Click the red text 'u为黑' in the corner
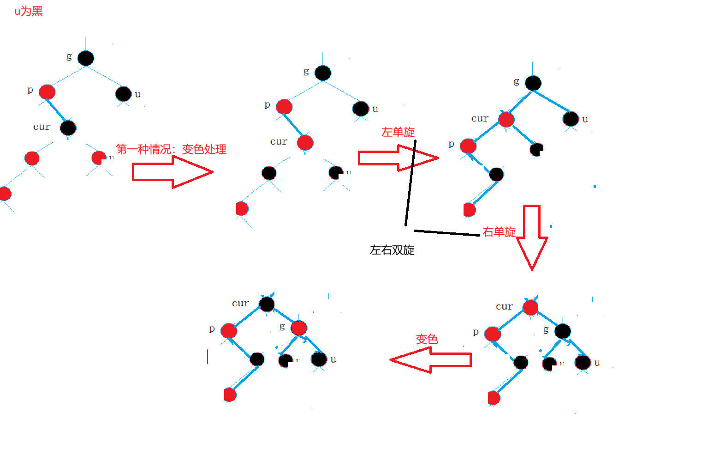pyautogui.click(x=28, y=11)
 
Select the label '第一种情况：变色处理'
pyautogui.click(x=171, y=149)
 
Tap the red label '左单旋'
pyautogui.click(x=398, y=132)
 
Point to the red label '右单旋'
pyautogui.click(x=499, y=232)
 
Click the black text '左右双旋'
pyautogui.click(x=392, y=250)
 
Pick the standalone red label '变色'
pyautogui.click(x=427, y=339)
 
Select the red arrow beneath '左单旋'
pyautogui.click(x=397, y=158)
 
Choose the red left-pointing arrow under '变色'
pyautogui.click(x=431, y=360)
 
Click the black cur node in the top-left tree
pyautogui.click(x=68, y=128)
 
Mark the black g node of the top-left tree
pyautogui.click(x=86, y=58)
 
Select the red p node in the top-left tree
pyautogui.click(x=47, y=92)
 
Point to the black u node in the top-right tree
pyautogui.click(x=571, y=119)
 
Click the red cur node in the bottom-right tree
pyautogui.click(x=530, y=307)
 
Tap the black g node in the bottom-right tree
pyautogui.click(x=563, y=331)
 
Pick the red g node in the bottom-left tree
pyautogui.click(x=299, y=328)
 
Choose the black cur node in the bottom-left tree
pyautogui.click(x=267, y=304)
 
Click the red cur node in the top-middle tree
pyautogui.click(x=305, y=143)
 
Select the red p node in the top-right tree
pyautogui.click(x=468, y=146)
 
